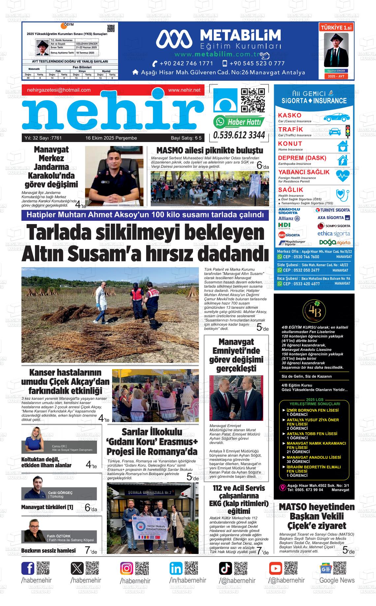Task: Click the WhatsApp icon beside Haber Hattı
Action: (219, 122)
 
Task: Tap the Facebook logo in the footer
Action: (28, 568)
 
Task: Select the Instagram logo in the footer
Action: (127, 568)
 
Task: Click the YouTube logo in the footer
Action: (275, 568)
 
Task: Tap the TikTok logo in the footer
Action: (226, 568)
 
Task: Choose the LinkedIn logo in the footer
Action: (176, 568)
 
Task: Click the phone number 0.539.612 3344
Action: (239, 135)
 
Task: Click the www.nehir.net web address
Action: (184, 90)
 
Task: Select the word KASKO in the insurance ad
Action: (290, 115)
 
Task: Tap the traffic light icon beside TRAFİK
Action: (347, 131)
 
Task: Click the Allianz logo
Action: (289, 218)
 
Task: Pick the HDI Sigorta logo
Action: (284, 226)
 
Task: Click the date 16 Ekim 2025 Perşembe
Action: (111, 138)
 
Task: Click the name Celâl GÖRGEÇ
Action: (60, 493)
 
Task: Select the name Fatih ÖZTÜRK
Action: (59, 536)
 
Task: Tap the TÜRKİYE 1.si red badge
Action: (336, 28)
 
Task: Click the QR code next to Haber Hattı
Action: (253, 101)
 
